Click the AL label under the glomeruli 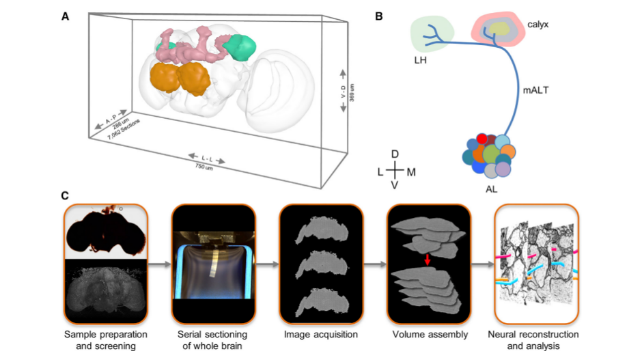(490, 189)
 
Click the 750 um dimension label (204, 166)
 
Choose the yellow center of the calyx (500, 28)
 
